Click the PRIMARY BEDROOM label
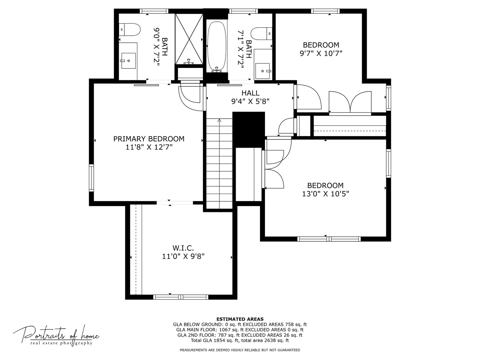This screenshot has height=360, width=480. coord(149,139)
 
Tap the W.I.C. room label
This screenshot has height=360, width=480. coord(183,248)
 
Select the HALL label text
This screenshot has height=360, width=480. coord(250,93)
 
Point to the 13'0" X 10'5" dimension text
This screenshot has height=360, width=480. coord(325,194)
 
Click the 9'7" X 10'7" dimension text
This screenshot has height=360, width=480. coord(321,53)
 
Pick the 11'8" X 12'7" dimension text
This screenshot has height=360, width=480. coord(149,147)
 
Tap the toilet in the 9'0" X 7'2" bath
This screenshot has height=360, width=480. coord(129,30)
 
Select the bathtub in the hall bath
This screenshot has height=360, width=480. coord(216,47)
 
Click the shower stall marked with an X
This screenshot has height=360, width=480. coord(189,39)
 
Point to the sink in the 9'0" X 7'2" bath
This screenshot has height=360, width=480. coord(128,61)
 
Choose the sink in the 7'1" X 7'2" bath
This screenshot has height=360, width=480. coord(263,71)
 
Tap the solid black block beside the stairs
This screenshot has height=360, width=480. coord(249,130)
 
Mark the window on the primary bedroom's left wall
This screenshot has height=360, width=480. coord(91,178)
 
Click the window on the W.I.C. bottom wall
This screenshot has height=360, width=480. coord(181,297)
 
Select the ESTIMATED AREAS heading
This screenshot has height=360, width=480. coord(240,319)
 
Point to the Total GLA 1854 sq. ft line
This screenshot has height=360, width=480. coord(240,340)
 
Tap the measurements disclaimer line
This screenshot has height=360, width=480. coord(240,350)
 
